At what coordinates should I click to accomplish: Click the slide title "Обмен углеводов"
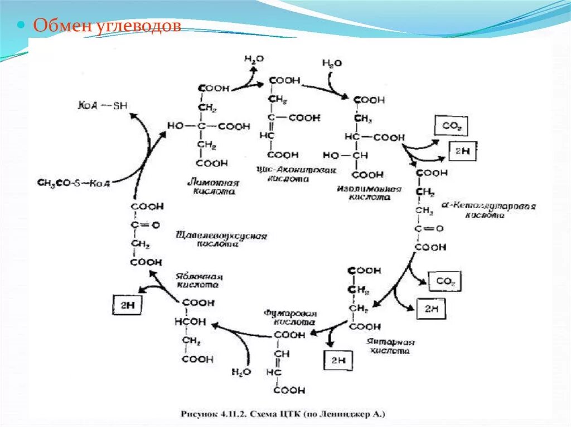point(108,26)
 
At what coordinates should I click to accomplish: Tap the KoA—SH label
point(103,105)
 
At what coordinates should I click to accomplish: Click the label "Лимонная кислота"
point(213,186)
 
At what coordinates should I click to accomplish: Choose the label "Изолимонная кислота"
point(369,193)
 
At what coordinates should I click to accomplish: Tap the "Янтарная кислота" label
point(391,346)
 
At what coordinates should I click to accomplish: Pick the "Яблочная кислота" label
point(199,280)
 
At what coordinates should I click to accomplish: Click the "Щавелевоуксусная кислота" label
point(221,239)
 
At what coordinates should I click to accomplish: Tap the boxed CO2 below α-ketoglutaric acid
point(446,282)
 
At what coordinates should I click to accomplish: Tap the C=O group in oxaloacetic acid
point(144,225)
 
